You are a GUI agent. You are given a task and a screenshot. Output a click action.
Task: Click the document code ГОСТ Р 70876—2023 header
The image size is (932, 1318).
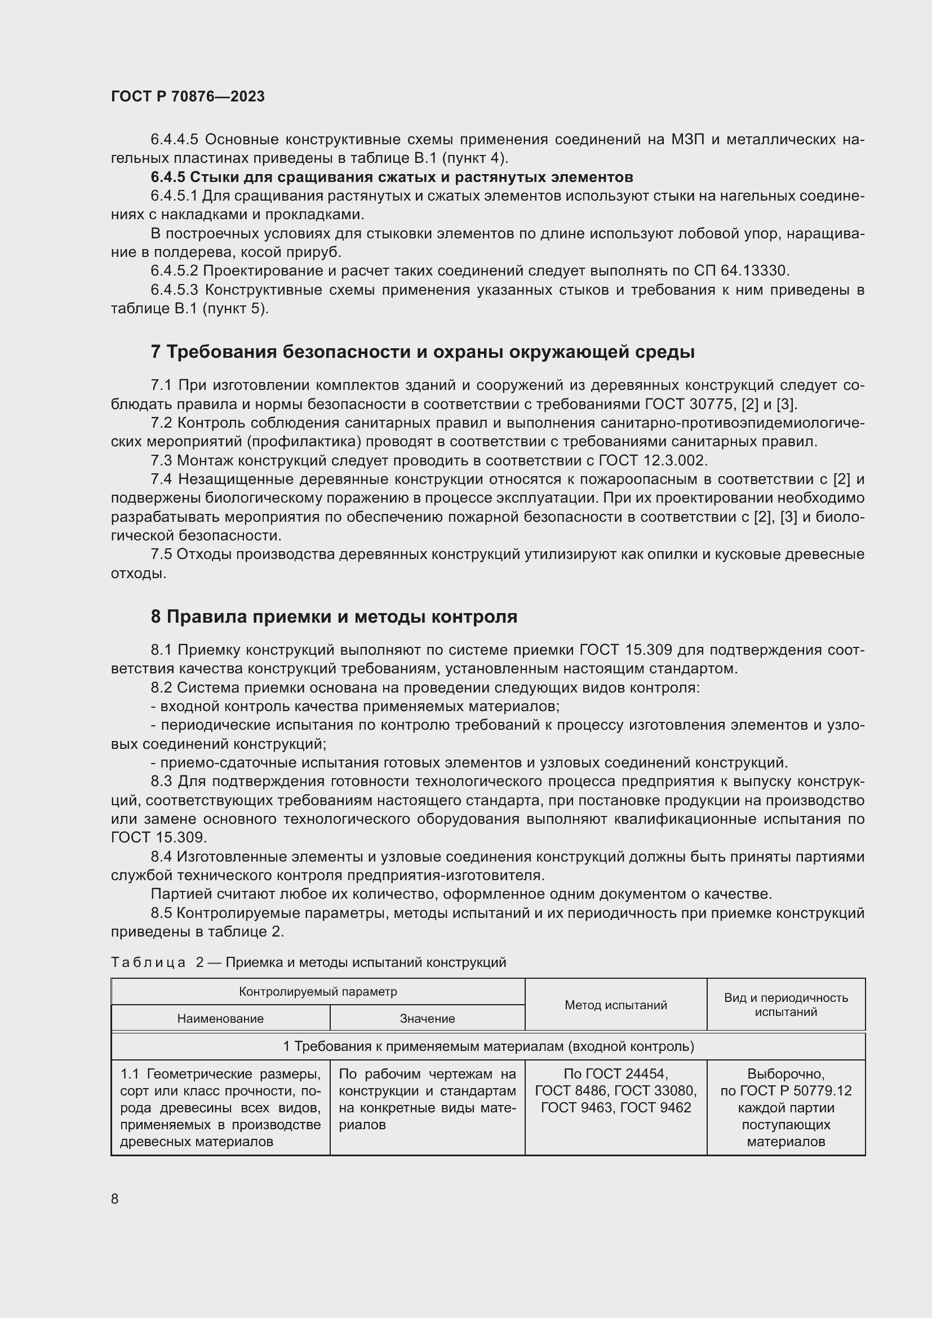188,96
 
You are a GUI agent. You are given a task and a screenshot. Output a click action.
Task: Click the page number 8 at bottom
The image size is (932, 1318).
115,1199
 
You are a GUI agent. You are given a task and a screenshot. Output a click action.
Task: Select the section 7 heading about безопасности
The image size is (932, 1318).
423,352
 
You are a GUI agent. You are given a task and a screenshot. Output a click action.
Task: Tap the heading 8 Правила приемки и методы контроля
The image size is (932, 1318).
334,616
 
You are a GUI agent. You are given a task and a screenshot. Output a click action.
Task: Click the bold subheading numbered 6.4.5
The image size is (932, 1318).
392,177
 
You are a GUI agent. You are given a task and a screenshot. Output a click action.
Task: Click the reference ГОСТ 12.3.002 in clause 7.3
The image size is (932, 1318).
653,460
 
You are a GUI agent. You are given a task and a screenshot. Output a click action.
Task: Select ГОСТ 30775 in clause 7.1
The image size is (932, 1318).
688,404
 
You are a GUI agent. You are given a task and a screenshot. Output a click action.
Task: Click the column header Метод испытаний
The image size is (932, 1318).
615,1005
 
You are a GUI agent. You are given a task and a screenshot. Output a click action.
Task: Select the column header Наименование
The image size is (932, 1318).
220,1018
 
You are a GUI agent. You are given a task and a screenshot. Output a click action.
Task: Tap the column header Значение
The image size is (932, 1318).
427,1018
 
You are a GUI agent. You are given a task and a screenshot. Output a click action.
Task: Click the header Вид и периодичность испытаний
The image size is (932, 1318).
785,1005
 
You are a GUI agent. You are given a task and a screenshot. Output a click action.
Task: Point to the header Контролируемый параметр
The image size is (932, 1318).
317,992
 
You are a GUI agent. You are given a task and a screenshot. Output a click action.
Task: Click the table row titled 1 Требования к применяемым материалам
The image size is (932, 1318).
488,1046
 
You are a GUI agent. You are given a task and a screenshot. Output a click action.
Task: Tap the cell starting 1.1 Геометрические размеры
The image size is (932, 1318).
220,1107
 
